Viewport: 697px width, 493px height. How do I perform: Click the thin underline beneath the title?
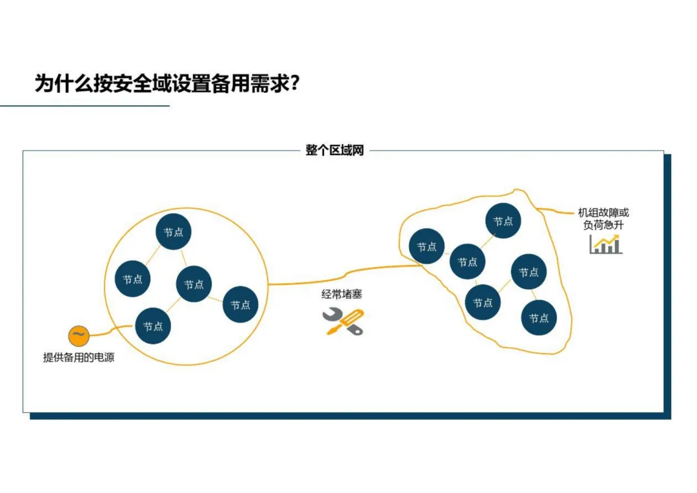point(84,105)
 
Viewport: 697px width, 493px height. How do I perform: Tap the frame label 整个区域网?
point(334,151)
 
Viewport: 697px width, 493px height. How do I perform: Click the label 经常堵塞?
point(342,295)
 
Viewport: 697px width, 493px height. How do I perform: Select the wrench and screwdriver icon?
point(343,321)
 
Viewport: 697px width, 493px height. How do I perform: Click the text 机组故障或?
point(603,212)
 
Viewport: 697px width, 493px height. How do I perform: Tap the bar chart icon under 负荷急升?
point(605,244)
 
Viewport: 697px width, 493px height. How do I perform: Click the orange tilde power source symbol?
point(77,335)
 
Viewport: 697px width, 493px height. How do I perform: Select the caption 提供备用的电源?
point(79,357)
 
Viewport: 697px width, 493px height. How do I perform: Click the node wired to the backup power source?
point(153,326)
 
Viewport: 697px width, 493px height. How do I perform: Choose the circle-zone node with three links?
point(194,284)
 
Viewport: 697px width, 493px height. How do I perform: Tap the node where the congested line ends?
point(427,247)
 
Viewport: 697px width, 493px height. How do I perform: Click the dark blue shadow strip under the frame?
point(348,416)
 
